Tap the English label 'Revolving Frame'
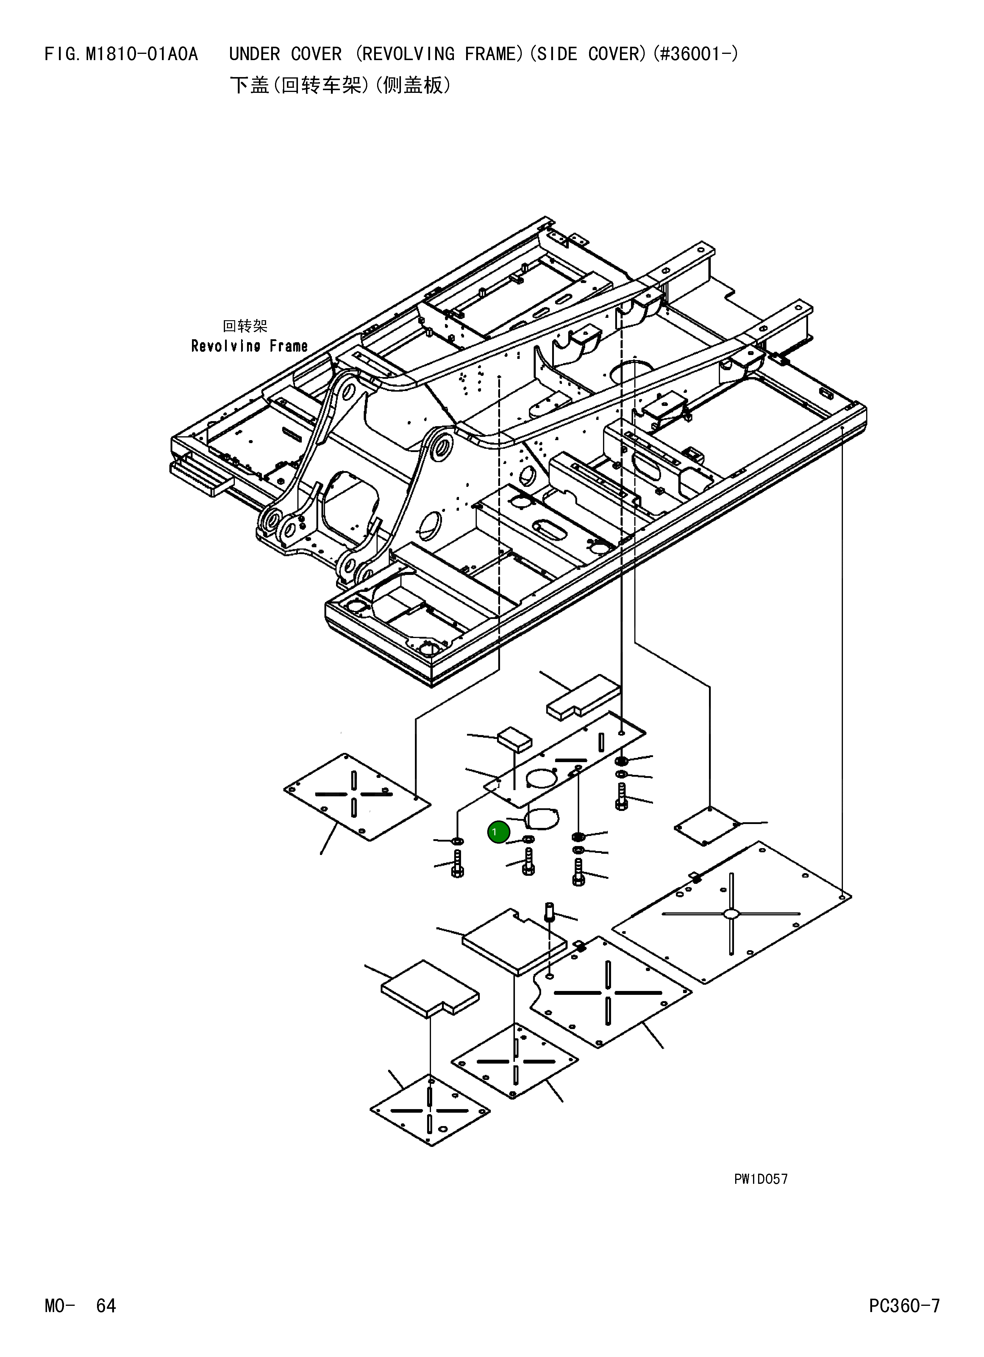[249, 346]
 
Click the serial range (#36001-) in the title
[696, 54]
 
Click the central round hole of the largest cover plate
[731, 914]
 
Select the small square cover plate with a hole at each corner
[707, 826]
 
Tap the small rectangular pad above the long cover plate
[514, 739]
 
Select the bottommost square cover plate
[430, 1110]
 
